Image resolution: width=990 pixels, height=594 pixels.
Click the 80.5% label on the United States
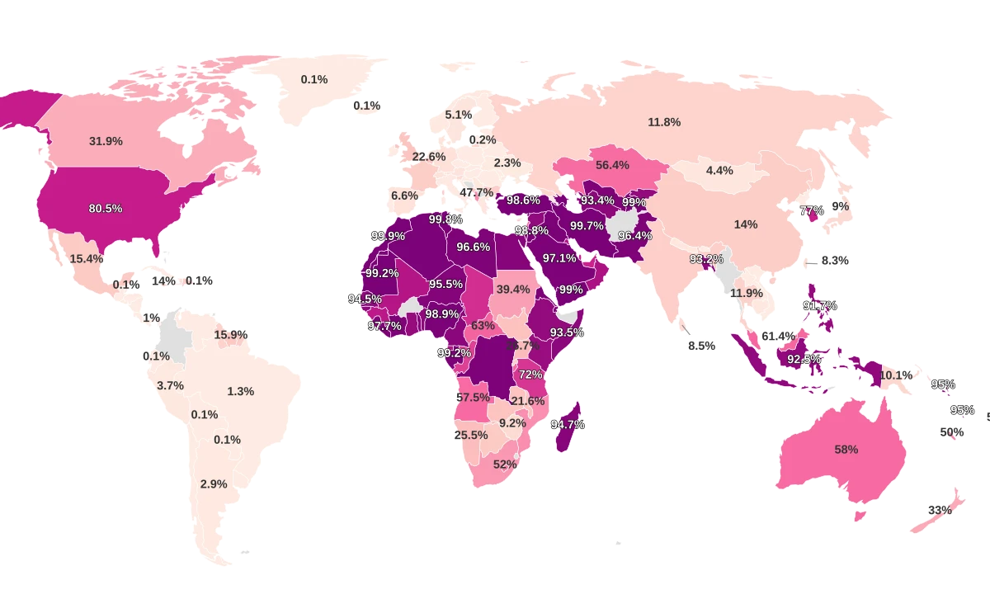pyautogui.click(x=106, y=209)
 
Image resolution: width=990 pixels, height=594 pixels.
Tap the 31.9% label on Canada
pyautogui.click(x=106, y=141)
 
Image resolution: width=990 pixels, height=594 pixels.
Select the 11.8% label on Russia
pyautogui.click(x=664, y=122)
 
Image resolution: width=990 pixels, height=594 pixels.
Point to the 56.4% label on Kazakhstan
pyautogui.click(x=612, y=165)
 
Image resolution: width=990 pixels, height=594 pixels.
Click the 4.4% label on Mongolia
pyautogui.click(x=719, y=171)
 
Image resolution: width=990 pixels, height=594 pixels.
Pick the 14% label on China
pyautogui.click(x=746, y=224)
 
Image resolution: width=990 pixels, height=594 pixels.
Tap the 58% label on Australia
pyautogui.click(x=846, y=450)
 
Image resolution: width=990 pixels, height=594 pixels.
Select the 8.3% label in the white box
pyautogui.click(x=835, y=260)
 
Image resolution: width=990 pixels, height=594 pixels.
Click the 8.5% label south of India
pyautogui.click(x=701, y=346)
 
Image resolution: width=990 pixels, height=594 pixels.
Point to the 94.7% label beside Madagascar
pyautogui.click(x=568, y=424)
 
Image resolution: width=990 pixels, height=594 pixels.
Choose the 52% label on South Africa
pyautogui.click(x=505, y=464)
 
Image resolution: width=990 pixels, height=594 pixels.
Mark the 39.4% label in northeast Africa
pyautogui.click(x=513, y=289)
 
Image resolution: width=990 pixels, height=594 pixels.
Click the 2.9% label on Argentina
pyautogui.click(x=213, y=484)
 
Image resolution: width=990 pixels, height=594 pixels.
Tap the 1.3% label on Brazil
pyautogui.click(x=240, y=391)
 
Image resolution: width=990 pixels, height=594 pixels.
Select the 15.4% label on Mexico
pyautogui.click(x=87, y=258)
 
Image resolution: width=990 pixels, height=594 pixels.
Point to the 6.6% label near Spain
pyautogui.click(x=404, y=196)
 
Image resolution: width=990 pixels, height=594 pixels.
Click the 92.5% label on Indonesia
pyautogui.click(x=804, y=359)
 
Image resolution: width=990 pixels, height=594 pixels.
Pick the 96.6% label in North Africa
pyautogui.click(x=474, y=246)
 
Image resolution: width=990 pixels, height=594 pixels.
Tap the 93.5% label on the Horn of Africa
pyautogui.click(x=567, y=332)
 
